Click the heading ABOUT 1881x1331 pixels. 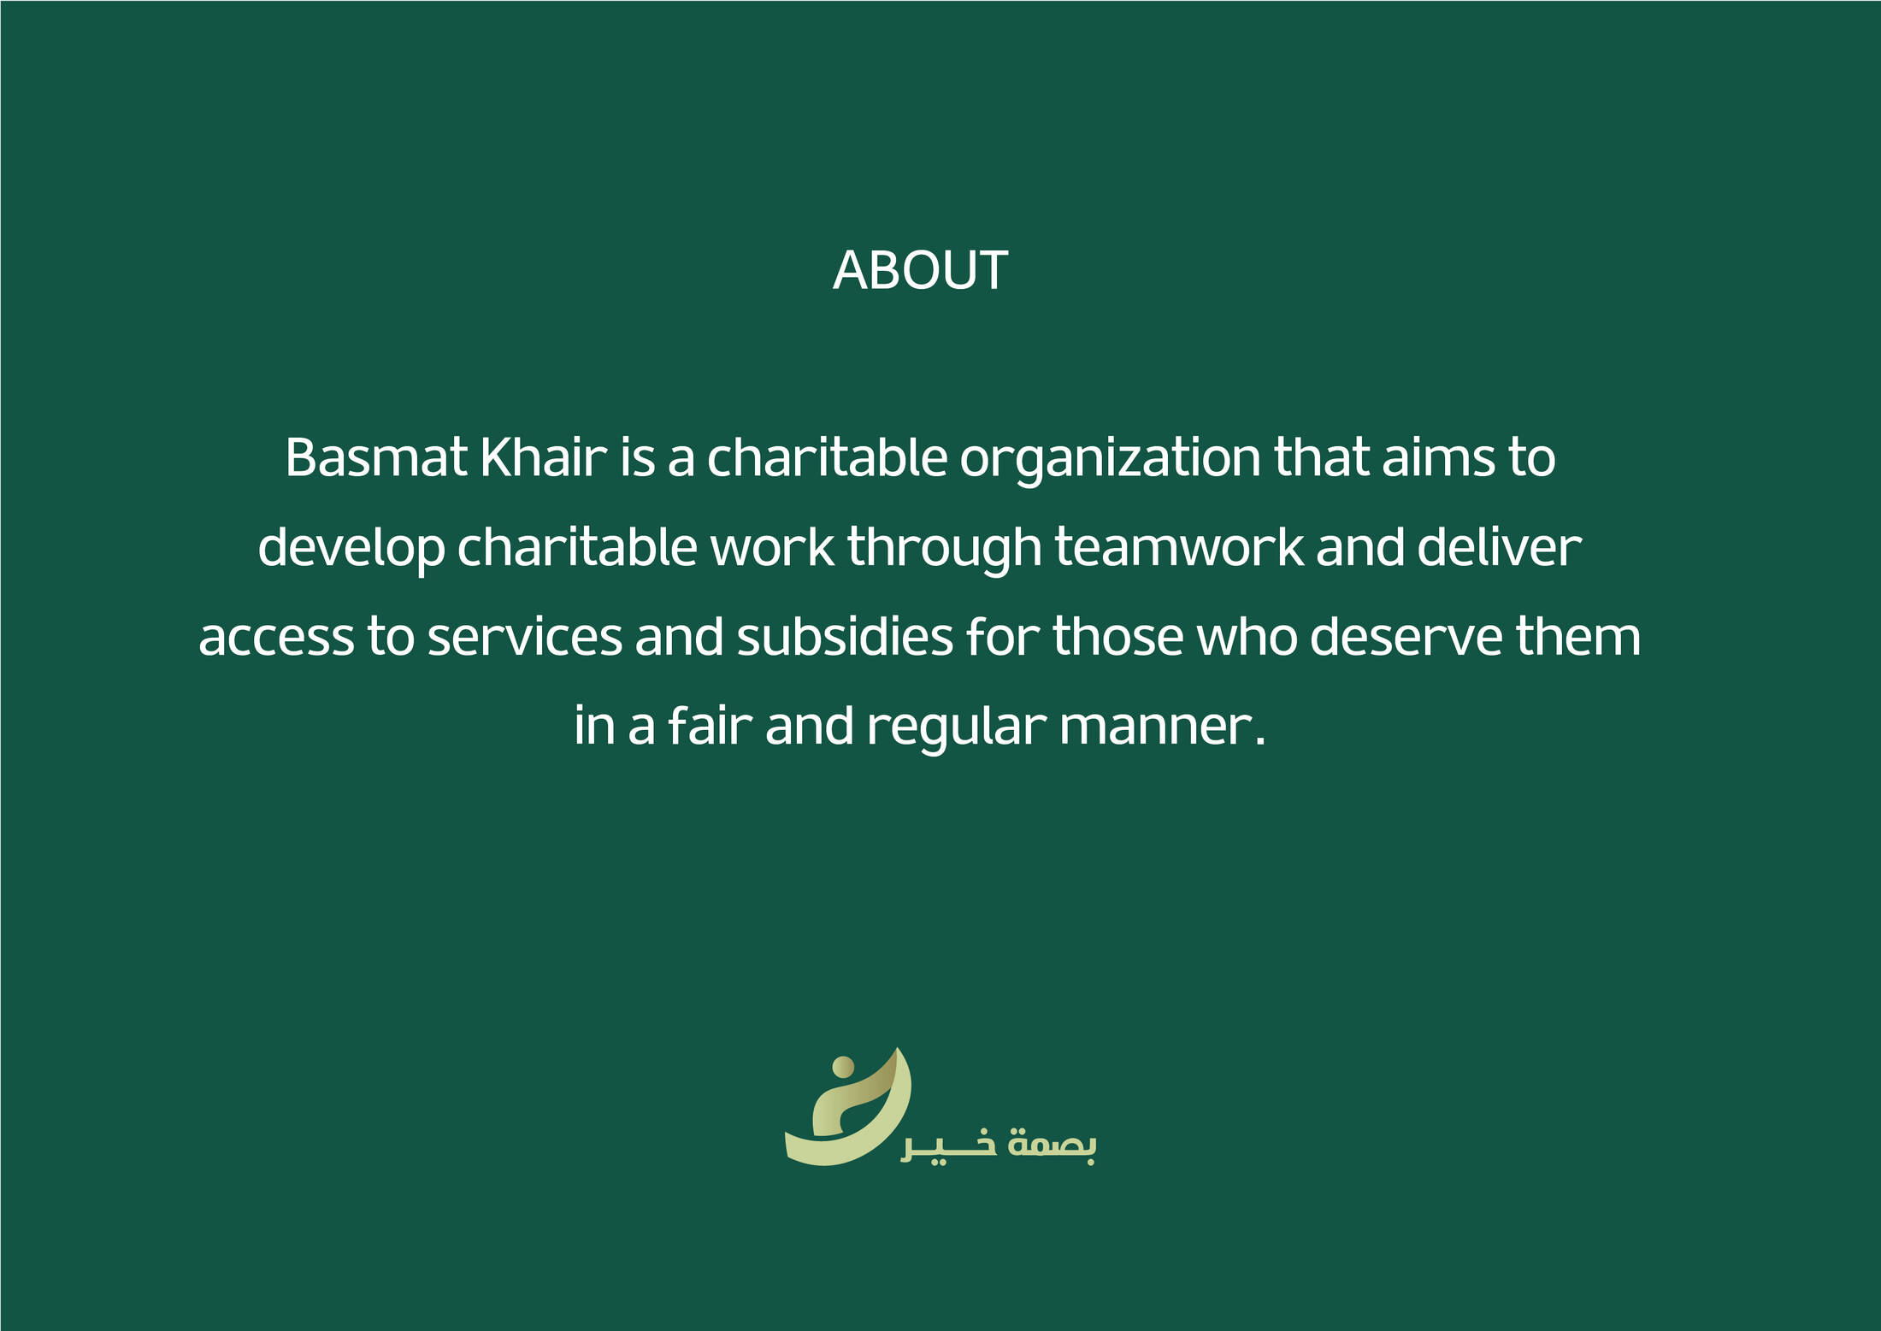coord(920,271)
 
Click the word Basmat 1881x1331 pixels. coord(376,457)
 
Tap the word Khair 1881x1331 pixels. coord(544,457)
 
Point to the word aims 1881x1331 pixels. coord(1439,457)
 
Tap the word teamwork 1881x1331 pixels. coord(1180,547)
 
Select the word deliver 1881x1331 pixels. coord(1500,547)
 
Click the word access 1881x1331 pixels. coord(276,639)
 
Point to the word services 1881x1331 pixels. coord(525,637)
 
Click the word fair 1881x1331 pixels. coord(710,726)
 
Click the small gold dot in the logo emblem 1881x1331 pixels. coord(843,1067)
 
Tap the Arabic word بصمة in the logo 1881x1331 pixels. coord(1053,1144)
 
